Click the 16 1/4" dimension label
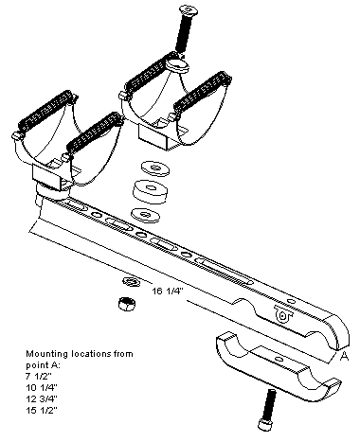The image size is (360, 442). [168, 291]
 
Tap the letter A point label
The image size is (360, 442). [345, 356]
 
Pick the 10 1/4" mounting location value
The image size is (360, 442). [42, 388]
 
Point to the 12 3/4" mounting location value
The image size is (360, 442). [42, 399]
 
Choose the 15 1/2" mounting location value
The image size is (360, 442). [42, 411]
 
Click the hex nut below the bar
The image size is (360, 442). [127, 304]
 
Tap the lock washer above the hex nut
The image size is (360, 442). [132, 281]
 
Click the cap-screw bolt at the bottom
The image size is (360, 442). [267, 409]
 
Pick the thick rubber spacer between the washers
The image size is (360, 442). [150, 192]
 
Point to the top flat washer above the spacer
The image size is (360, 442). [155, 168]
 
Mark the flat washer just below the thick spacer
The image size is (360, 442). [145, 216]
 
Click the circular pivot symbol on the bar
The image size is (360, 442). [282, 315]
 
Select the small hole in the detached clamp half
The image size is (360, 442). [279, 359]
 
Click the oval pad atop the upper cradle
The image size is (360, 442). [177, 65]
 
